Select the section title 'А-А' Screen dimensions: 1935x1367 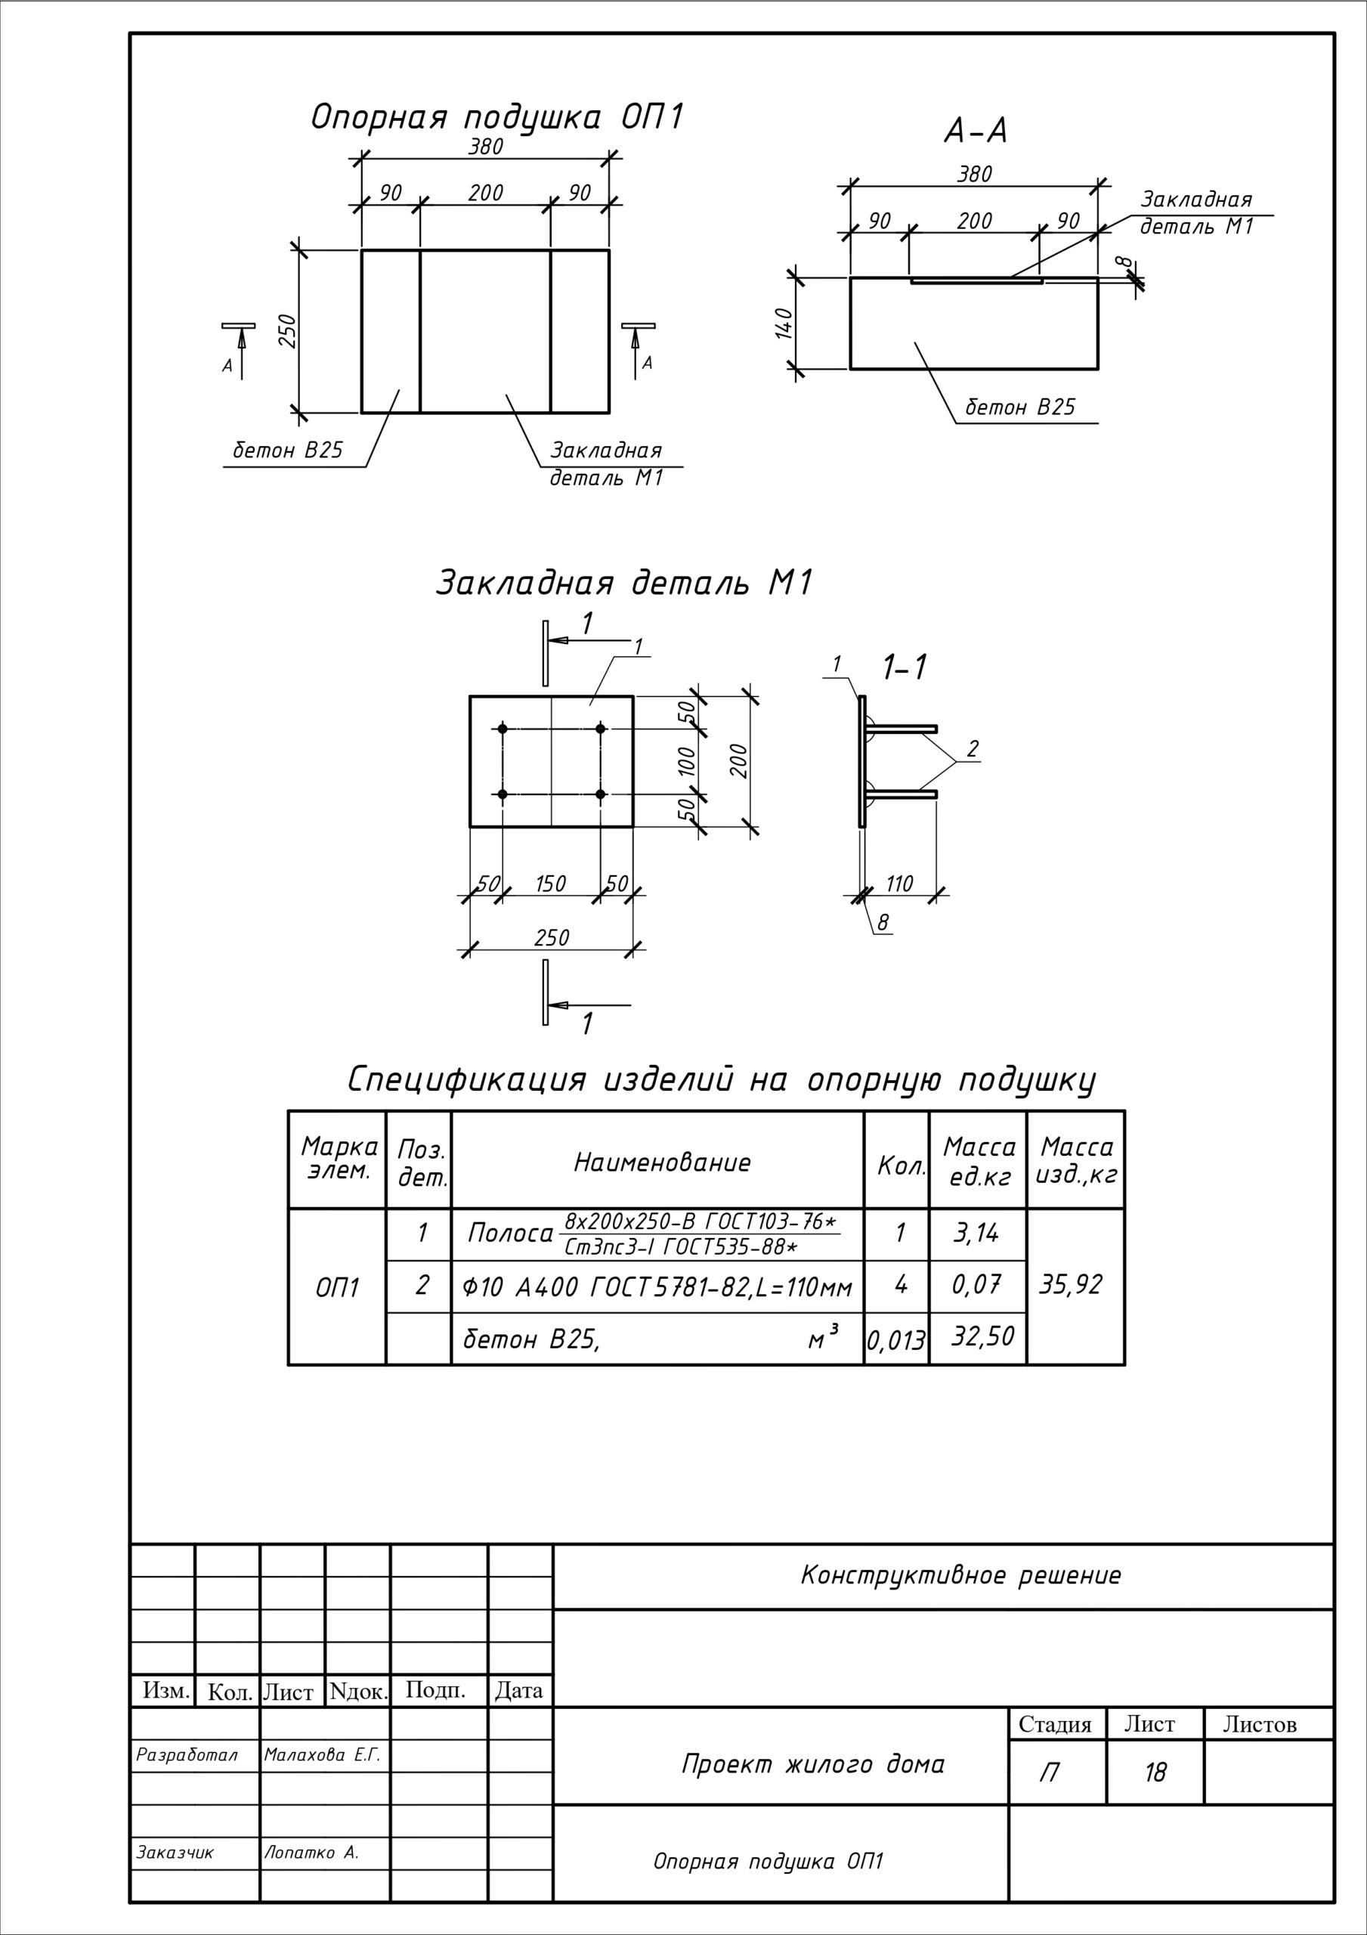[975, 132]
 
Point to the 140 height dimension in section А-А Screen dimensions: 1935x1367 [783, 323]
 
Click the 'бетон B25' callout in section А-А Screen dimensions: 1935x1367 [1020, 408]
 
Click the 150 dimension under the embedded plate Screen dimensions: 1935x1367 [550, 884]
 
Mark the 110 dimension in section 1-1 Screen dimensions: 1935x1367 [899, 884]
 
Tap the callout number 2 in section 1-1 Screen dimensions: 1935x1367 [973, 748]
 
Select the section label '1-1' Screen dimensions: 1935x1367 [905, 667]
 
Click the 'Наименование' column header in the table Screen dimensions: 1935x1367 [662, 1163]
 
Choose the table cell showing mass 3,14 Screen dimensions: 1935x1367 [976, 1234]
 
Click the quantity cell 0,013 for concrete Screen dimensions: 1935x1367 [896, 1340]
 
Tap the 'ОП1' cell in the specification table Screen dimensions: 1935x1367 [337, 1288]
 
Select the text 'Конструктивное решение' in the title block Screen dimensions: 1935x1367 [960, 1575]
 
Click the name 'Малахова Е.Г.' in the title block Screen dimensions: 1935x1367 [323, 1756]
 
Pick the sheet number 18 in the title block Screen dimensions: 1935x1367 [1155, 1773]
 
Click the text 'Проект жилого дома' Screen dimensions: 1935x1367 [813, 1764]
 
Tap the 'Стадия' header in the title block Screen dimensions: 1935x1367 [1054, 1724]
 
